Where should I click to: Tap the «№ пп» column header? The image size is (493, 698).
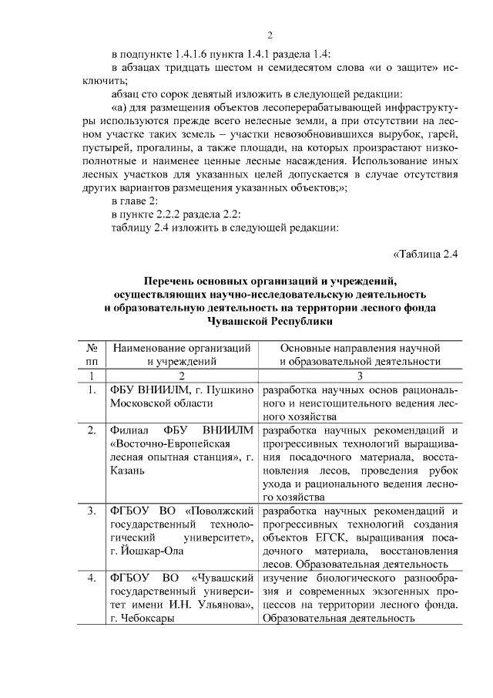click(x=92, y=353)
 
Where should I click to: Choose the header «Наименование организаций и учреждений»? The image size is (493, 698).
click(x=183, y=353)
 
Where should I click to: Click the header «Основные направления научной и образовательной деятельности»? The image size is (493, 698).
click(x=360, y=353)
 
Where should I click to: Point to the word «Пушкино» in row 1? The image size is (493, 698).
click(x=230, y=389)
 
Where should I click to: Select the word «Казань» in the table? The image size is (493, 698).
click(x=129, y=472)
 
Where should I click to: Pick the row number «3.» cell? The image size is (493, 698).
click(x=92, y=511)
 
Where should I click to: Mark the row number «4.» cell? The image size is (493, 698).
click(x=92, y=578)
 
